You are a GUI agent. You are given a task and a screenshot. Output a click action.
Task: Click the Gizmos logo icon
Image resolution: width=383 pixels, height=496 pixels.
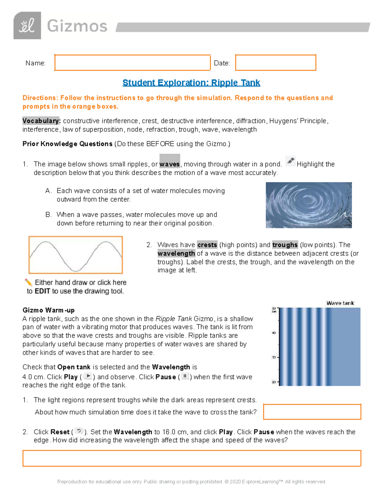pos(27,26)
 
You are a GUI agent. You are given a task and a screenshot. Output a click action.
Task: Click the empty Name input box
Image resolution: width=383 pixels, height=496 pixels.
pos(132,63)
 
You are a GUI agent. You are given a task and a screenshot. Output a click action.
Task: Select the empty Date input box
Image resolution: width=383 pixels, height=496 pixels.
pos(275,63)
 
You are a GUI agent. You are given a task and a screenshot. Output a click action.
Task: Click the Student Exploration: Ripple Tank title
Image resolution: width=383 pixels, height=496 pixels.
pos(191,83)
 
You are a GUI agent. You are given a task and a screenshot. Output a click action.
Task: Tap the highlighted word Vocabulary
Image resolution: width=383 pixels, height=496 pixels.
pos(41,121)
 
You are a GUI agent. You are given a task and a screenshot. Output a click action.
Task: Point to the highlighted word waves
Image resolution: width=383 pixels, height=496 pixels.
pos(169,164)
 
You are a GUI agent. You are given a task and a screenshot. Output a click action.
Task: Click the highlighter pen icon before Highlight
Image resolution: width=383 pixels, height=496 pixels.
pos(290,161)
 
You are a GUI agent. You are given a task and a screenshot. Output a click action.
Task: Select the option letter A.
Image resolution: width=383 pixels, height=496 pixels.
pos(49,191)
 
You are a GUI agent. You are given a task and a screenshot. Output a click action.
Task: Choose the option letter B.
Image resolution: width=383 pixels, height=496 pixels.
pos(49,215)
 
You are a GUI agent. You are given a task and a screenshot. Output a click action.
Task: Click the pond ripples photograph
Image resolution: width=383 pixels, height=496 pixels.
pos(309,205)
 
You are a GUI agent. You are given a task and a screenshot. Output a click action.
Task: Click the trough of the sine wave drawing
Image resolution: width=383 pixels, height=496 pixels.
pos(76,270)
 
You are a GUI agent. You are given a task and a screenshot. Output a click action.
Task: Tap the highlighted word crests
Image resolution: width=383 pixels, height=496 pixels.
pos(207,245)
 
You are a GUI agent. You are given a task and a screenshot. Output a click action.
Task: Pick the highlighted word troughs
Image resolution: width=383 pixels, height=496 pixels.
pos(285,245)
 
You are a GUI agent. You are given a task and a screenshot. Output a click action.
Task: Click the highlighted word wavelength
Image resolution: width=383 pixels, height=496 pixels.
pos(176,254)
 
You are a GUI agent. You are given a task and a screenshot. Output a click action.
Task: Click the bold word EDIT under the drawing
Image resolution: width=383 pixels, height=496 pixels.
pos(42,291)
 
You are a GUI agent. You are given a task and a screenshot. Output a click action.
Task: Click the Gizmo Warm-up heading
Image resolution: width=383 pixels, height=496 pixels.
pos(49,310)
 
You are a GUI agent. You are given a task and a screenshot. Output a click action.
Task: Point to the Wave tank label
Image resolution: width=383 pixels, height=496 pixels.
pos(340,303)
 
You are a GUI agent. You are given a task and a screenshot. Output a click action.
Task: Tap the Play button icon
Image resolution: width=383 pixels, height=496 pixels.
pos(88,376)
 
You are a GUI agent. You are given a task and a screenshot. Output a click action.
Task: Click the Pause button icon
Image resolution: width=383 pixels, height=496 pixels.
pos(185,376)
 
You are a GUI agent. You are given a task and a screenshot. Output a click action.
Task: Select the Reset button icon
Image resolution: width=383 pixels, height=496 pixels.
pos(79,431)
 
